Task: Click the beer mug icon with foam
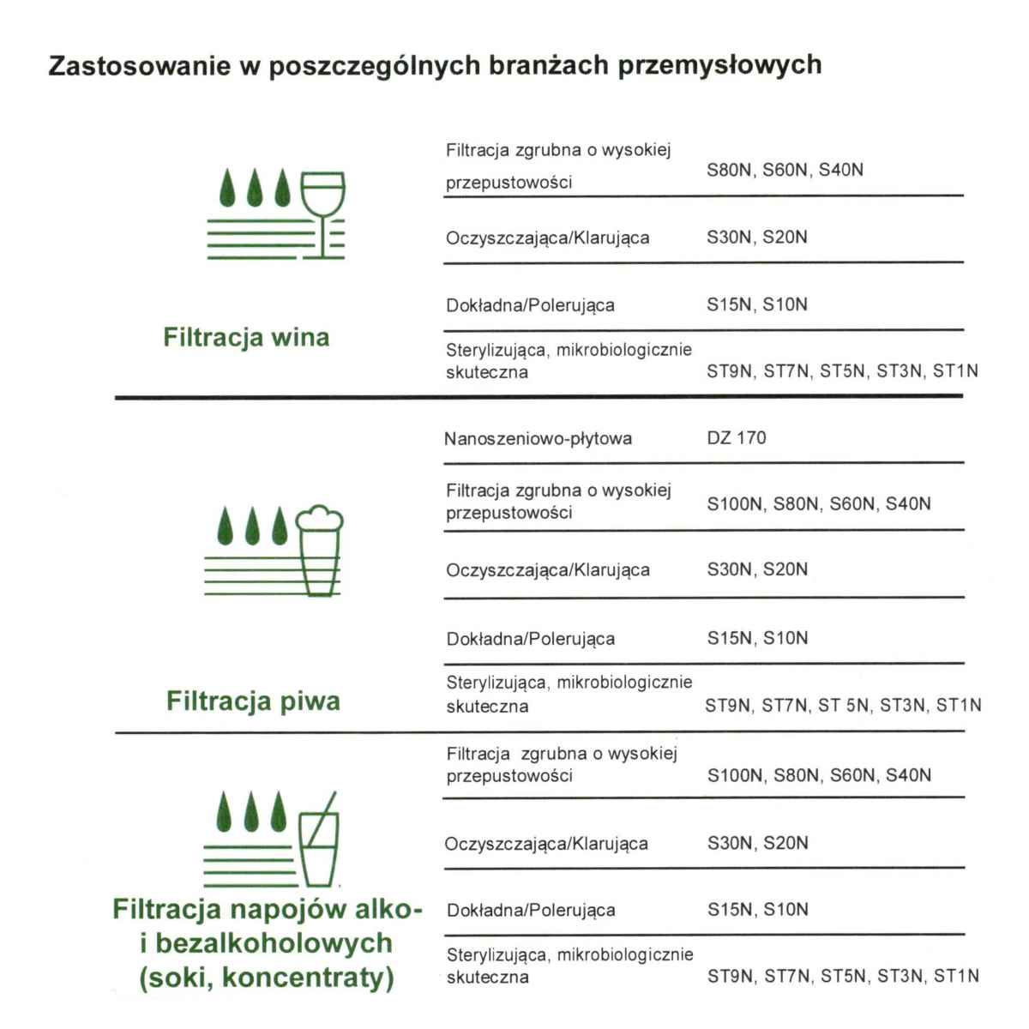(320, 549)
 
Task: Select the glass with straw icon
(318, 840)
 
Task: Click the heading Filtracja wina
(246, 337)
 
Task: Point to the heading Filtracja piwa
(253, 701)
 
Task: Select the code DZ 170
(737, 437)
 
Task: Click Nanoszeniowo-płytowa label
(538, 439)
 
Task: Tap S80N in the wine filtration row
(729, 170)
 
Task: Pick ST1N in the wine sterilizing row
(955, 371)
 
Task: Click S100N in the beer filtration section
(734, 504)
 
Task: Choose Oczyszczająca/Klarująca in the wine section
(547, 238)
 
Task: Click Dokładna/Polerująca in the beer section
(530, 639)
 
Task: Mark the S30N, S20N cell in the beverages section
(757, 843)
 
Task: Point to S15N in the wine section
(729, 304)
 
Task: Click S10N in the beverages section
(785, 910)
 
